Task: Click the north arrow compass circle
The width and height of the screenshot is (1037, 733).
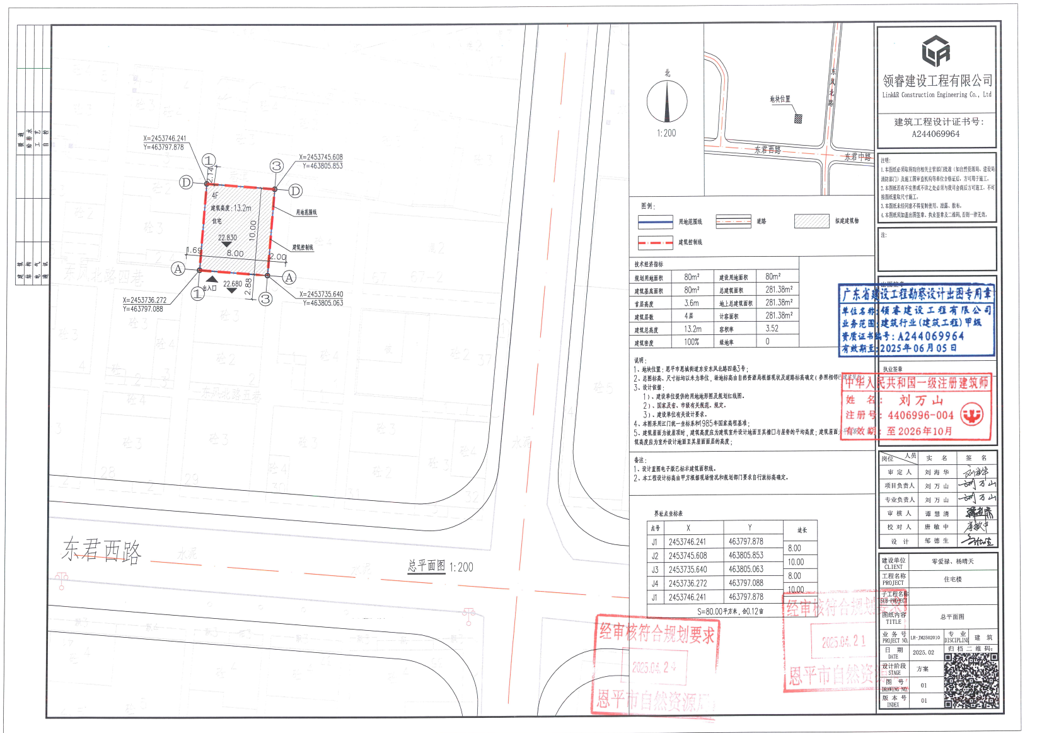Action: click(x=667, y=102)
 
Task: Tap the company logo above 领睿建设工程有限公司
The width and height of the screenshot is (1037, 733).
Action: click(x=936, y=51)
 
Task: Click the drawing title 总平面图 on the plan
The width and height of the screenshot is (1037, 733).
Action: click(x=427, y=566)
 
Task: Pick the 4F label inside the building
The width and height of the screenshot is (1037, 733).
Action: click(x=215, y=196)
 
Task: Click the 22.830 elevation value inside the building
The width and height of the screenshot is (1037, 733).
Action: click(x=228, y=238)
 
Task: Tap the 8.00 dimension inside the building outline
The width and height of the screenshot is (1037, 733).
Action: click(x=235, y=254)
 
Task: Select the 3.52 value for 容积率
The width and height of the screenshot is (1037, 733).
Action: click(x=772, y=329)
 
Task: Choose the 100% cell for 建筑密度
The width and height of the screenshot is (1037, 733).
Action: click(x=692, y=342)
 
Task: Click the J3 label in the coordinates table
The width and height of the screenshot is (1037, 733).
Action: click(x=655, y=570)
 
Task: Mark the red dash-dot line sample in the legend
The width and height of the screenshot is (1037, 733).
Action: click(x=655, y=242)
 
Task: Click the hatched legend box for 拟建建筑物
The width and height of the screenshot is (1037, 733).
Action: click(x=811, y=221)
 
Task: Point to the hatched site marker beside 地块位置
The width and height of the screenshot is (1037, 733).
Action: click(x=798, y=119)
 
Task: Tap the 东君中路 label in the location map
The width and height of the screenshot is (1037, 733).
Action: click(x=858, y=157)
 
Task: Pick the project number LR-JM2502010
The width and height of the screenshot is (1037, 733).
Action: click(x=925, y=638)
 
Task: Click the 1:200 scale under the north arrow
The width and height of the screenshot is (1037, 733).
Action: click(x=666, y=134)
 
